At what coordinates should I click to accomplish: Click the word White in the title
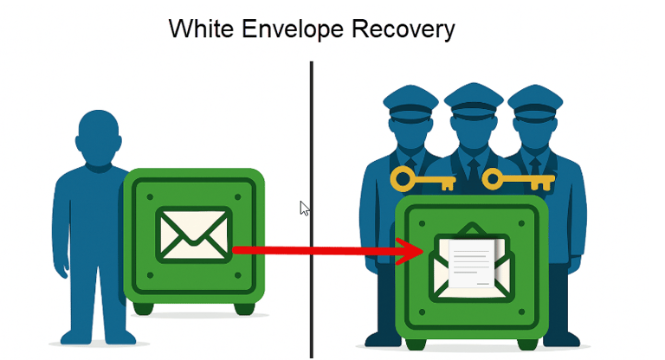tap(197, 29)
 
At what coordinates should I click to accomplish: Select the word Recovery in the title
tap(404, 29)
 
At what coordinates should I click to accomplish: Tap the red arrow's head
tap(412, 251)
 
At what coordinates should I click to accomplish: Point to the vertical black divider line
tap(311, 130)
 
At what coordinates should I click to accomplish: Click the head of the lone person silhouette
tap(96, 138)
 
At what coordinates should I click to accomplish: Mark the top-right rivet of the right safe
tap(521, 222)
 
